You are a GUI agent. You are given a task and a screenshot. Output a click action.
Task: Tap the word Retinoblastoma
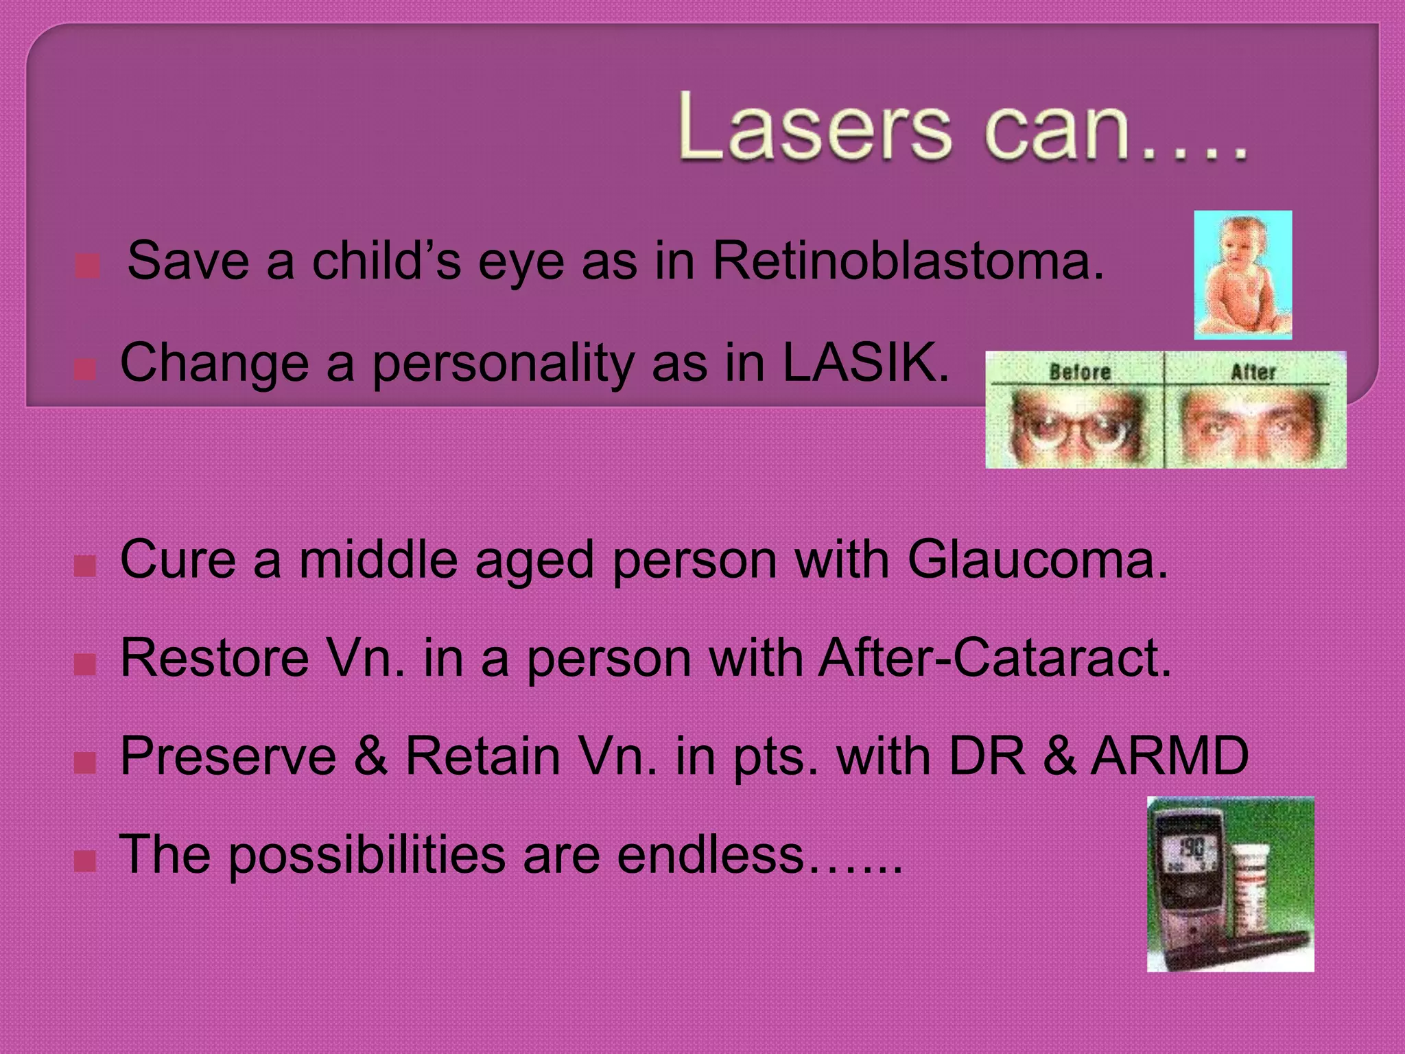click(908, 261)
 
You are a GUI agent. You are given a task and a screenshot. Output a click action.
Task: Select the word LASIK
click(866, 362)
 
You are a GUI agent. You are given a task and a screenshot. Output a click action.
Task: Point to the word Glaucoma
click(1037, 559)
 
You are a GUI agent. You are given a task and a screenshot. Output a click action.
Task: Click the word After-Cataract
click(995, 658)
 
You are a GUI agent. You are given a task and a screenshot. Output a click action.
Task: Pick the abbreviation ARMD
click(1170, 756)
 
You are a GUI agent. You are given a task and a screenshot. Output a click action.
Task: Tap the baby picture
click(1242, 274)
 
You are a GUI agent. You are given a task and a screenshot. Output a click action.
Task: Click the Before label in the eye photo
click(1080, 372)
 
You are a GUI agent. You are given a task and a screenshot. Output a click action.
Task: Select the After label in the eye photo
click(1253, 372)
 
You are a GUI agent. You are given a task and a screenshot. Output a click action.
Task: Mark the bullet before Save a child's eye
click(87, 266)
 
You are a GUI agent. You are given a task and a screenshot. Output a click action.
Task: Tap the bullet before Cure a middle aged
click(85, 566)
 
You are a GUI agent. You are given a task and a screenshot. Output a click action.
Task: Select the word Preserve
click(228, 756)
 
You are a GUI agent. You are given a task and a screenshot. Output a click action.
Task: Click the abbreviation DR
click(987, 756)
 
